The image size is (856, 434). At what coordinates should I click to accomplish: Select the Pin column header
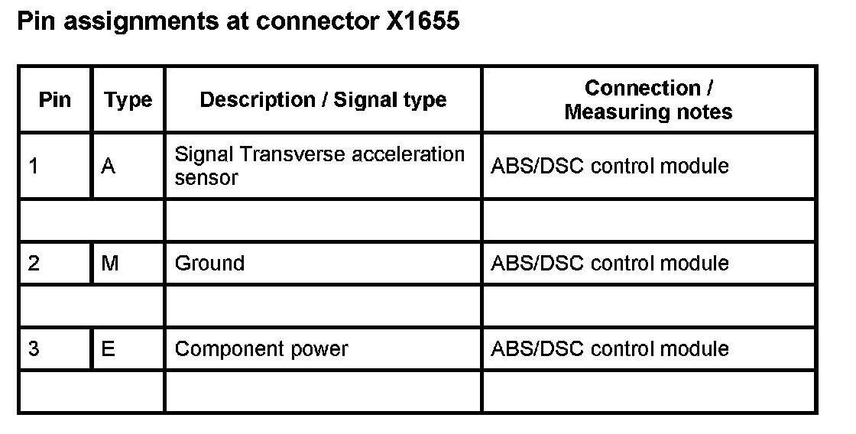point(54,100)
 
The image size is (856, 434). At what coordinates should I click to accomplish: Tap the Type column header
point(128,100)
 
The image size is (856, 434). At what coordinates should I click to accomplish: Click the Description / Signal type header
point(323,100)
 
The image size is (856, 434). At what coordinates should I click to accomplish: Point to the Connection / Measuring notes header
point(648,100)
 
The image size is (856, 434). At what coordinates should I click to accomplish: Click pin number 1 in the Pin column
point(34,166)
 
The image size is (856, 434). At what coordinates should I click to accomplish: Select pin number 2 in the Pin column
point(34,264)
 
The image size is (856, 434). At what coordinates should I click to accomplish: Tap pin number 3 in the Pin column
point(34,349)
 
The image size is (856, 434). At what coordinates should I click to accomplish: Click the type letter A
point(108,166)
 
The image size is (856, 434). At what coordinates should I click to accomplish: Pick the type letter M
point(109,264)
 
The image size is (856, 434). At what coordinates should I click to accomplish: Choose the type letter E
point(108,349)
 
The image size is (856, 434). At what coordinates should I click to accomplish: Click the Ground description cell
point(210,264)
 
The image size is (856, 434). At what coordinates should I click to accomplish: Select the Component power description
point(261,349)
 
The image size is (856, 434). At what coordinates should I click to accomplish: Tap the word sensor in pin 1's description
point(206,177)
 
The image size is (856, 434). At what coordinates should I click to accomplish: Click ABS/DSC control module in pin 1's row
point(609,166)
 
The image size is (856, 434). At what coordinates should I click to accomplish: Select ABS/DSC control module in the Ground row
point(609,264)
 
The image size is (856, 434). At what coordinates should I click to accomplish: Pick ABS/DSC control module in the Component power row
point(609,349)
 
